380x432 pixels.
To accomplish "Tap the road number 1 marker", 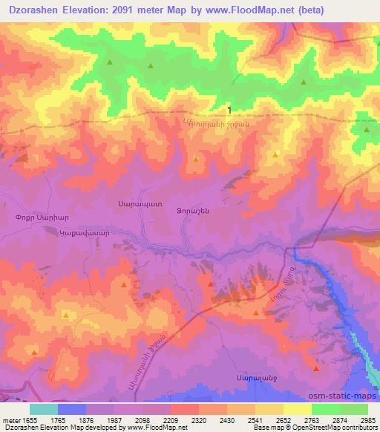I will pyautogui.click(x=230, y=111).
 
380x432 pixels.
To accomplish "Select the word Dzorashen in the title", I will pyautogui.click(x=35, y=10).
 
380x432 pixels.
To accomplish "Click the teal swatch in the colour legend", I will pyautogui.click(x=44, y=409).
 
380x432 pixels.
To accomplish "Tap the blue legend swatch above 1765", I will pyautogui.click(x=72, y=409).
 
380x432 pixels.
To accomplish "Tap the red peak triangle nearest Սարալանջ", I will pyautogui.click(x=316, y=368).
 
